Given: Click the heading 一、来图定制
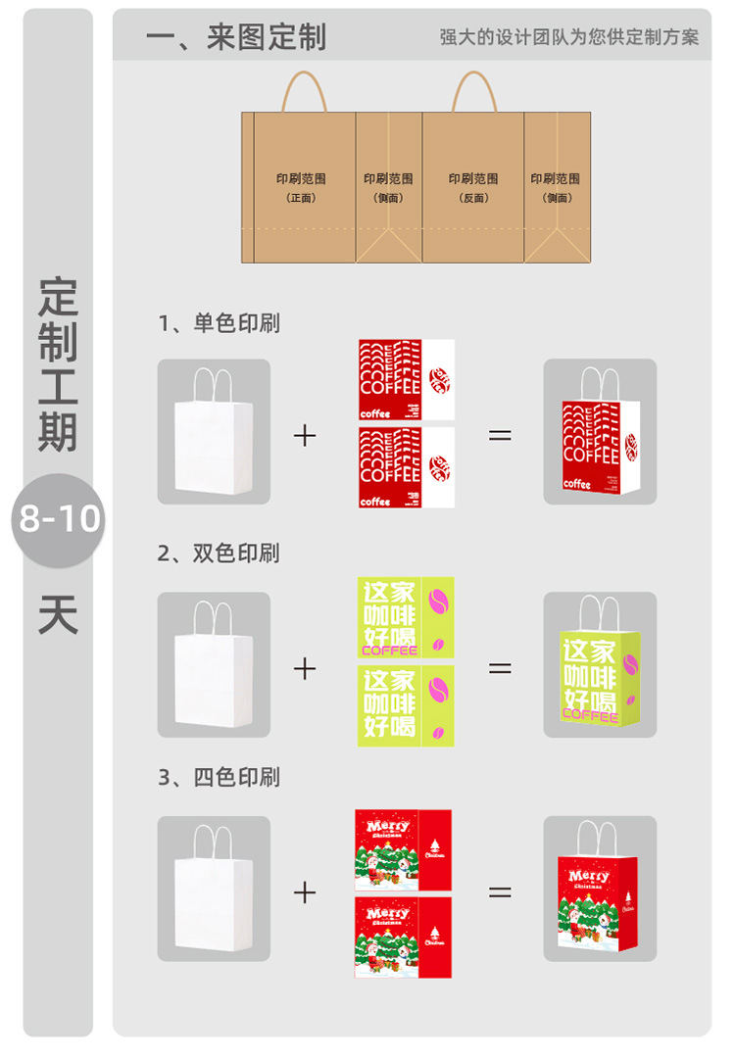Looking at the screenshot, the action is pos(235,37).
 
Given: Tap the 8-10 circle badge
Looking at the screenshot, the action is pos(58,519).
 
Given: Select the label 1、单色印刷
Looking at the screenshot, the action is pos(220,323).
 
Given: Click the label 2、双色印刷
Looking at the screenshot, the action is pos(220,554).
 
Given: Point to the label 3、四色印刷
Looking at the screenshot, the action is pos(220,778).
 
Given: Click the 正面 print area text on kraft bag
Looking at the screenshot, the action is pos(301,187).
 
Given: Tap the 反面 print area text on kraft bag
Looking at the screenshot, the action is pos(473,187).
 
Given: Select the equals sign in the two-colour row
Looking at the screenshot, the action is pos(500,668).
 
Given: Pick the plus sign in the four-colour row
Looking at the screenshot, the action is pos(305,891).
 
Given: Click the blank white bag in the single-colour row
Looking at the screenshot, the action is pos(214,441).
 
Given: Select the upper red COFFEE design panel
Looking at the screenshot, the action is pos(406,380).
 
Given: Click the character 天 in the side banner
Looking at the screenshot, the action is pos(58,614).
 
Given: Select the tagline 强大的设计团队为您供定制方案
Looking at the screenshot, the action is pos(569,38).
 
